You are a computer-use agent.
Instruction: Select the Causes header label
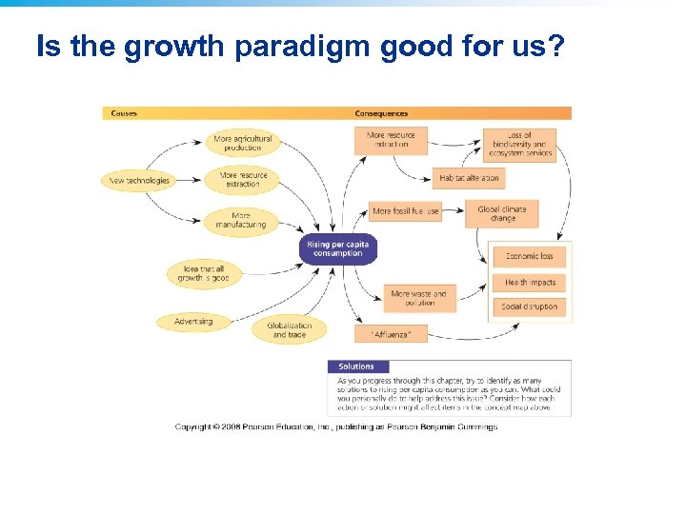pos(124,113)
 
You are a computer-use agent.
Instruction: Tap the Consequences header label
pos(381,113)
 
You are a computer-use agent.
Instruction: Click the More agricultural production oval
pos(243,143)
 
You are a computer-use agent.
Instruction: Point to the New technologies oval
pos(139,180)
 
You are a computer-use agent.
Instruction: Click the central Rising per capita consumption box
pos(337,249)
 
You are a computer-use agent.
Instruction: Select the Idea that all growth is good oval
pos(204,273)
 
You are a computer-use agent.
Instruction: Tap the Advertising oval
pos(193,322)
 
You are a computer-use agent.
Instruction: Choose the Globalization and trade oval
pos(289,329)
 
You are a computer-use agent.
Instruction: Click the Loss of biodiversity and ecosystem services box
pos(520,144)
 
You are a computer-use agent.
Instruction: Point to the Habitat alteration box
pos(469,178)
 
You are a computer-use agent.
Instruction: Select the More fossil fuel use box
pos(405,211)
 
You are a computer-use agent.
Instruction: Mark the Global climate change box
pos(502,213)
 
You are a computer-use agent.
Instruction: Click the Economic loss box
pos(530,256)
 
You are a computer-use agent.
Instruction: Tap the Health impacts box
pos(530,283)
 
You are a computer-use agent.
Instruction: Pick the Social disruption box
pos(530,306)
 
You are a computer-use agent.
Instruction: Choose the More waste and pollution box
pos(418,298)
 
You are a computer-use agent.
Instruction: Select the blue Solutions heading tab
pos(357,366)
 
